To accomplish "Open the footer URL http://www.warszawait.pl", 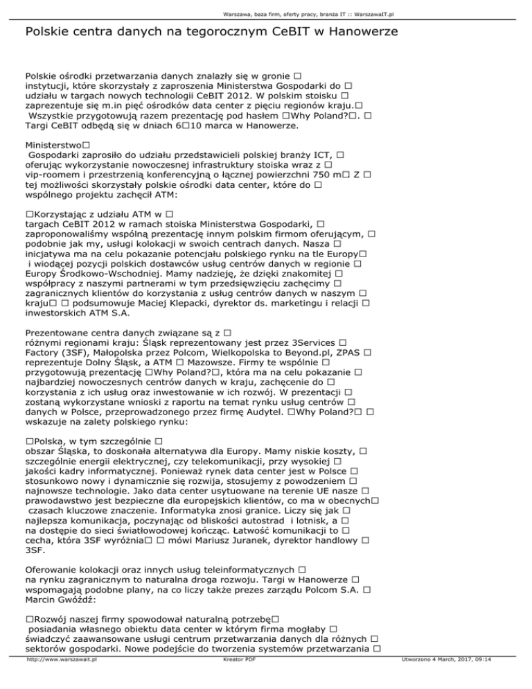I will pos(60,679).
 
